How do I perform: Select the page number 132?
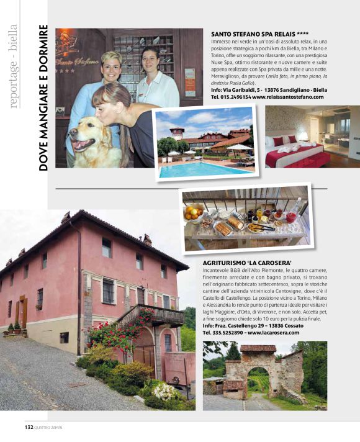coord(29,427)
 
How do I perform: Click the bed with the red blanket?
coord(295,154)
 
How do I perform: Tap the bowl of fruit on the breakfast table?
coord(194,213)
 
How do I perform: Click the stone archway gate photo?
coord(264,375)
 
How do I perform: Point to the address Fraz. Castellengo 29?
coord(248,325)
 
